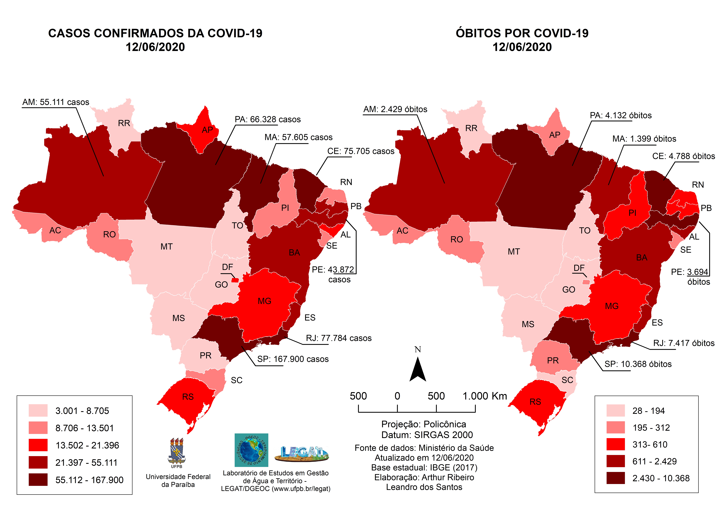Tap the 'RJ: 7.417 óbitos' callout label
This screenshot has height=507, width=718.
(684, 343)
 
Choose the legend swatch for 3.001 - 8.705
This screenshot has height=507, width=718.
(38, 410)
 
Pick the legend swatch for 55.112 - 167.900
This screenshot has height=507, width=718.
(38, 480)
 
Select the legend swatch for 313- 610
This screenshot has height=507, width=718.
(615, 444)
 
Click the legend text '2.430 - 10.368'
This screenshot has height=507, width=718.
(661, 478)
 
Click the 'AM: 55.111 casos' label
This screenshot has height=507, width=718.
(56, 102)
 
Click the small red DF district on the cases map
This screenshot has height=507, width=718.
(235, 280)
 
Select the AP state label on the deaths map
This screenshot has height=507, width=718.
(554, 135)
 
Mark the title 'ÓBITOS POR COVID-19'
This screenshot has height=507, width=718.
(522, 33)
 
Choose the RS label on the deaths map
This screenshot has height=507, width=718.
(535, 402)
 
